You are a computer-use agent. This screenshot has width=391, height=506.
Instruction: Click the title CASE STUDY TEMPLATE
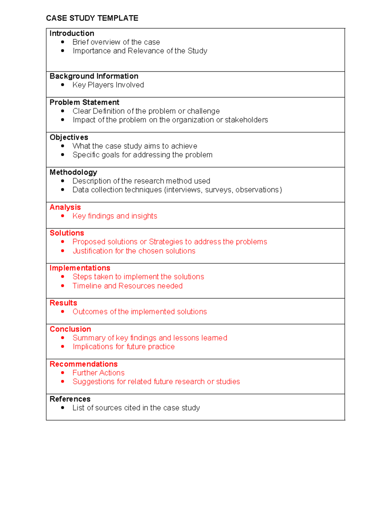click(x=92, y=18)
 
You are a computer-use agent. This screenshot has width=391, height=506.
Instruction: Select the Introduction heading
click(x=72, y=34)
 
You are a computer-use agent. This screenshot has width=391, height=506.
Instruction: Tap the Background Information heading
click(x=94, y=76)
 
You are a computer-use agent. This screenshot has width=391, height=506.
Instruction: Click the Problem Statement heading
click(x=84, y=102)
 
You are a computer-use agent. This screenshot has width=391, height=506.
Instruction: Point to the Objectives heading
click(x=69, y=137)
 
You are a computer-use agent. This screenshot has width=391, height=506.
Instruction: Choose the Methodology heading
click(x=73, y=172)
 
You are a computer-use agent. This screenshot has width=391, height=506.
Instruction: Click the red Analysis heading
click(x=65, y=207)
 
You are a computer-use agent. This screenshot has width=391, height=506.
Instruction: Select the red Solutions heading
click(x=67, y=233)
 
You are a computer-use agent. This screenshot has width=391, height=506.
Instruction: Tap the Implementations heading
click(x=80, y=268)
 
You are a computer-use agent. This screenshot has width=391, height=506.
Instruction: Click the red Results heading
click(x=63, y=303)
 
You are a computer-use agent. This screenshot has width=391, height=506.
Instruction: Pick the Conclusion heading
click(x=70, y=329)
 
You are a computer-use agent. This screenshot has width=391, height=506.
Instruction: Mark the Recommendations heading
click(x=83, y=364)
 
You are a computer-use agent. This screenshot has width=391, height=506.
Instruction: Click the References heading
click(x=70, y=399)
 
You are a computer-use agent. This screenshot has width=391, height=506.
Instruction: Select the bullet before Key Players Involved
click(x=63, y=85)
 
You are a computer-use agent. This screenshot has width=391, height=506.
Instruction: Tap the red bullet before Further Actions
click(x=63, y=373)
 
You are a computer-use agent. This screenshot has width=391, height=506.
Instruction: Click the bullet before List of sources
click(x=63, y=408)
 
